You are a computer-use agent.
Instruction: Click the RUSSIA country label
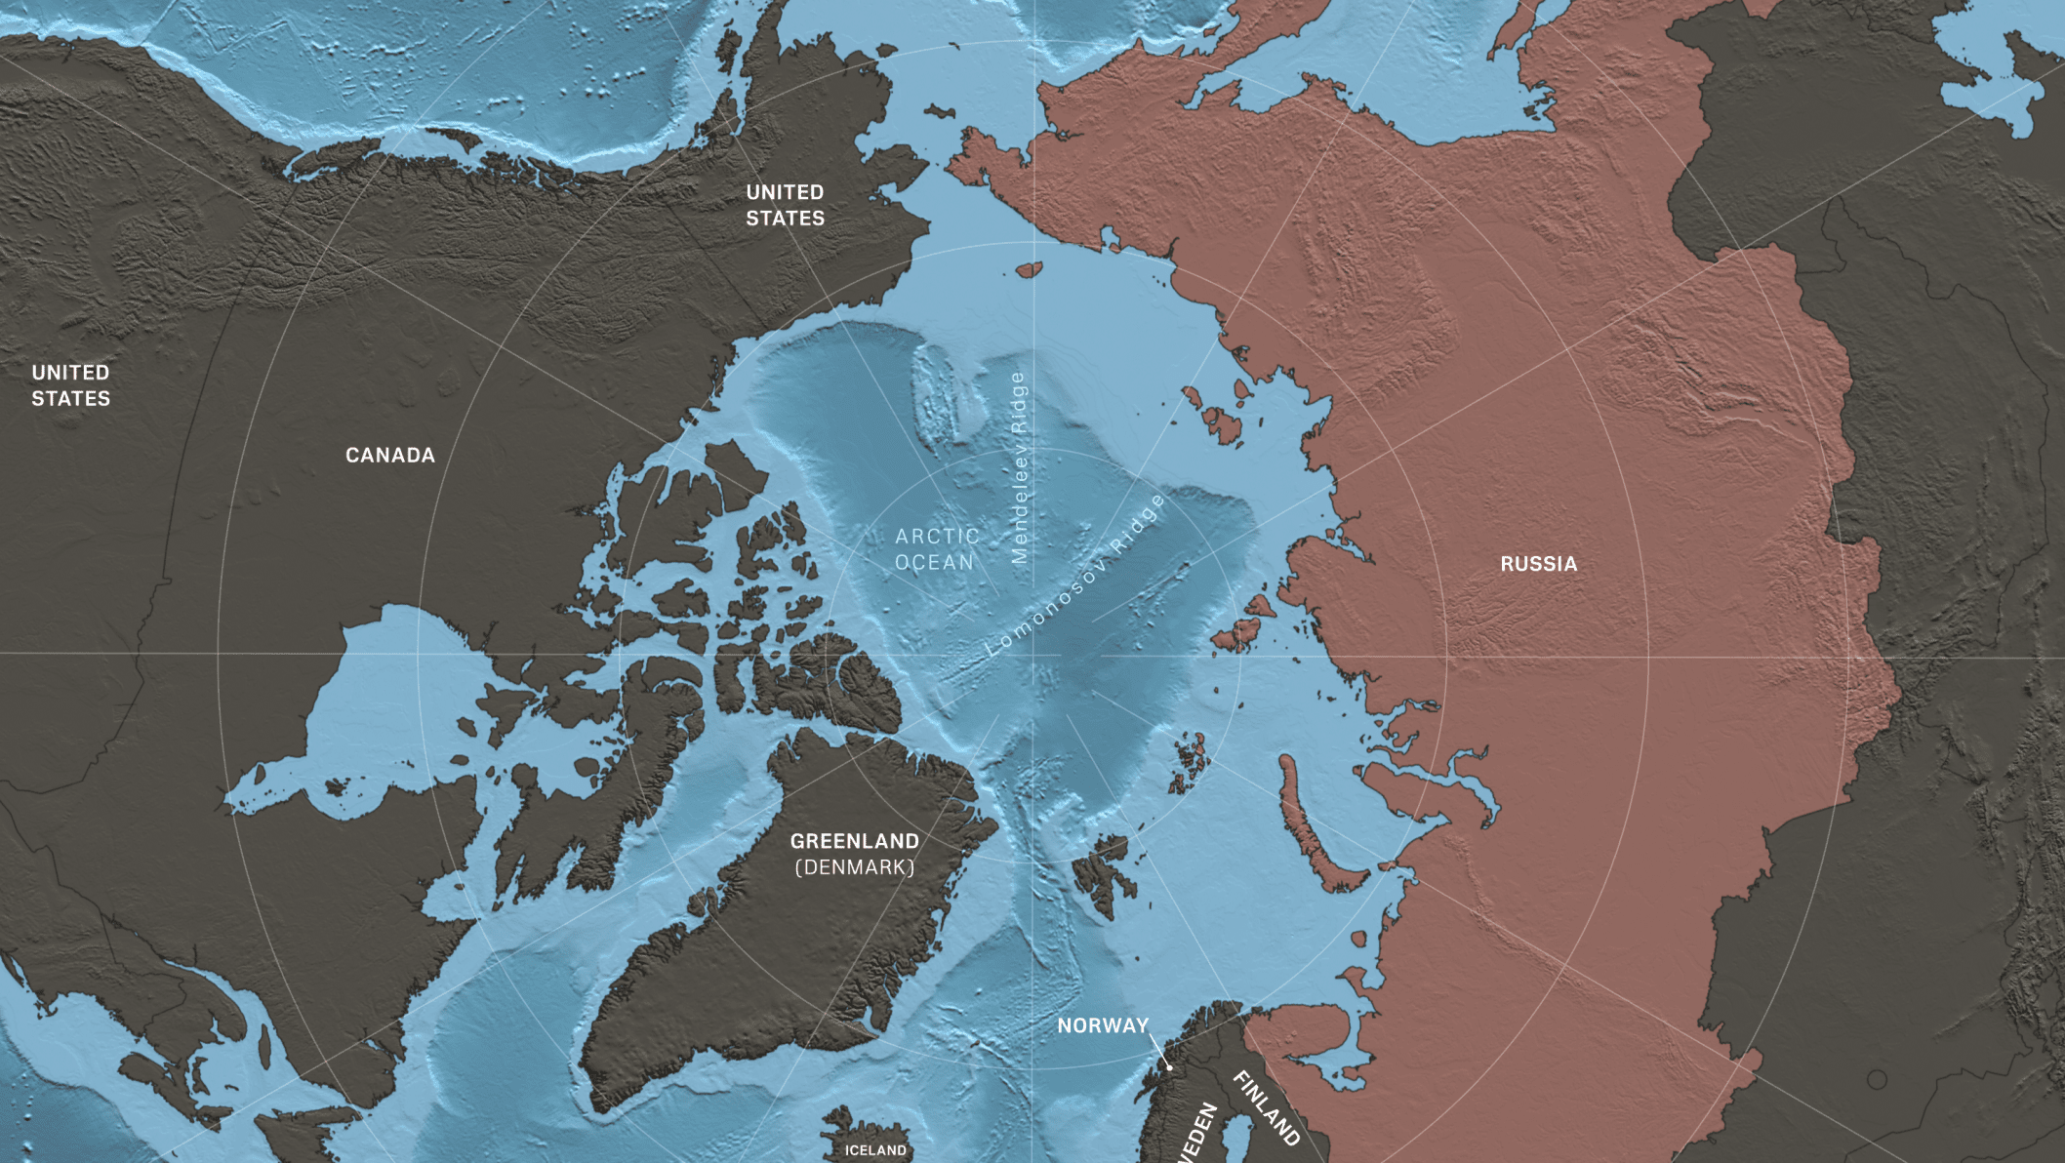click(x=1538, y=564)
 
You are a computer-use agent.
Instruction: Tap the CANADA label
click(x=390, y=456)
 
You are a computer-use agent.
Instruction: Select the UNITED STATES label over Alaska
click(x=785, y=206)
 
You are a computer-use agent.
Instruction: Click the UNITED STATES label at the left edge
click(x=70, y=385)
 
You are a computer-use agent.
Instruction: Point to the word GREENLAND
click(x=854, y=841)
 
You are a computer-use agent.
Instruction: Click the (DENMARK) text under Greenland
click(x=854, y=867)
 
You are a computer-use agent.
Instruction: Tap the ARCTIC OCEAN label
click(x=936, y=549)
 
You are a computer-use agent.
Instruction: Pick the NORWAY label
click(x=1103, y=1025)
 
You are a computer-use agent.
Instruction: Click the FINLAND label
click(x=1267, y=1108)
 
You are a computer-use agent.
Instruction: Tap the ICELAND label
click(x=875, y=1150)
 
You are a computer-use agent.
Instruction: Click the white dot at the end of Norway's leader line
click(x=1169, y=1067)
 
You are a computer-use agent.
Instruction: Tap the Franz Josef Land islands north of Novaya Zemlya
click(x=1190, y=762)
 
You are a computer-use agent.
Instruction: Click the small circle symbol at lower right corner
click(x=1877, y=1079)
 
